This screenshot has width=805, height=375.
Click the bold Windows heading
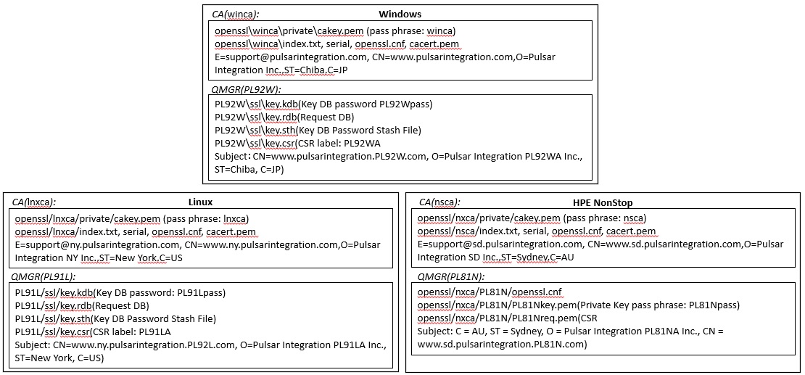[x=400, y=14]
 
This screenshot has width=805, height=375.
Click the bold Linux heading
[x=200, y=202]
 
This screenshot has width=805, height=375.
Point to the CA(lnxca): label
[x=34, y=202]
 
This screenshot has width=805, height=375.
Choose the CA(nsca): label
[x=439, y=202]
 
